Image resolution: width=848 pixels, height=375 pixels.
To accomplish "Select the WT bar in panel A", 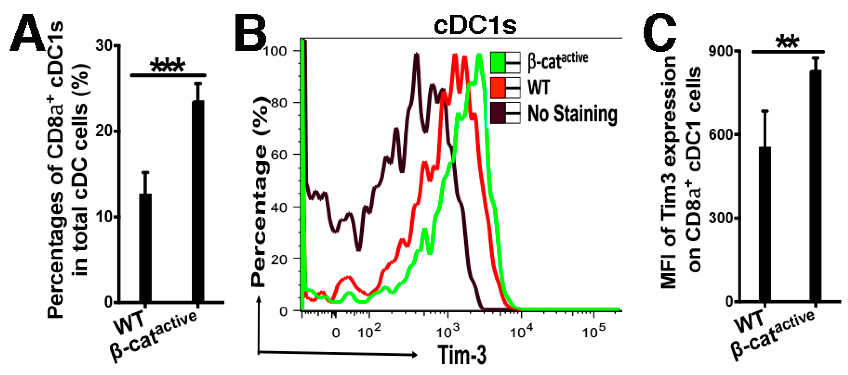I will coord(145,247).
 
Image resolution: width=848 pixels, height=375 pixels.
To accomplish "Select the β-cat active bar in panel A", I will coord(198,201).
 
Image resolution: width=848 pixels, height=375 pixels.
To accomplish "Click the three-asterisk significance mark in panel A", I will coord(168,66).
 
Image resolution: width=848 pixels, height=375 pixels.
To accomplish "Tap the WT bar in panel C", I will coord(765,224).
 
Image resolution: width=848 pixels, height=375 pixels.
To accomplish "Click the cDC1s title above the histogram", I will coord(475,25).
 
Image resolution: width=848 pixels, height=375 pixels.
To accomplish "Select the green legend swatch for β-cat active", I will coord(498,62).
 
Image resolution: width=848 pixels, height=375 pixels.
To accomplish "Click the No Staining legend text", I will coord(572,114).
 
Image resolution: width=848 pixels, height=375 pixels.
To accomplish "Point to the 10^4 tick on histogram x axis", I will coord(521,332).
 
